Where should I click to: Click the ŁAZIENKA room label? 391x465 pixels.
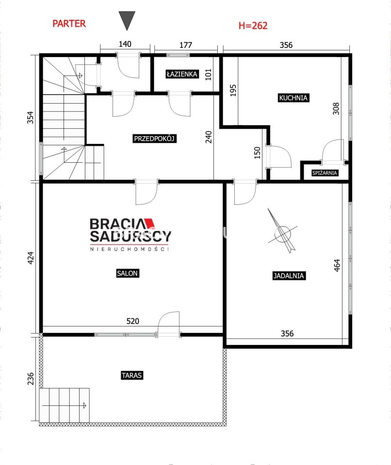[182, 74]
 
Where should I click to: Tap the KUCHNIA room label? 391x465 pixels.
[293, 97]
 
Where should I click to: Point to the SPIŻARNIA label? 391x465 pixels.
[325, 172]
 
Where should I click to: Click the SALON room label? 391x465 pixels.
[127, 273]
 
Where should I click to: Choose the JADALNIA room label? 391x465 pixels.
[289, 276]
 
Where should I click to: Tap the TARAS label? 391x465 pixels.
[131, 375]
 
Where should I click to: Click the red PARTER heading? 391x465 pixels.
[69, 24]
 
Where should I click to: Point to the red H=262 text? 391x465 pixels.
[253, 26]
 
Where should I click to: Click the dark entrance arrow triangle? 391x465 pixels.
[127, 19]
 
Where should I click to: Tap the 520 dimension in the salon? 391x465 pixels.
[133, 321]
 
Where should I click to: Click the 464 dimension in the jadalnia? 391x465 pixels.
[337, 265]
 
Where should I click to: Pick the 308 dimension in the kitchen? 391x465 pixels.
[336, 109]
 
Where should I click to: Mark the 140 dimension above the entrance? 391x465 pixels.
[125, 44]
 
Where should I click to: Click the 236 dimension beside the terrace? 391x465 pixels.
[31, 379]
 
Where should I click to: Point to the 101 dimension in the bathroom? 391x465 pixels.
[208, 75]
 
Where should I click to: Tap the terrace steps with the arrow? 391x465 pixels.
[65, 405]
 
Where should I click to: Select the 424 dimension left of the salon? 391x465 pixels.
[31, 258]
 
